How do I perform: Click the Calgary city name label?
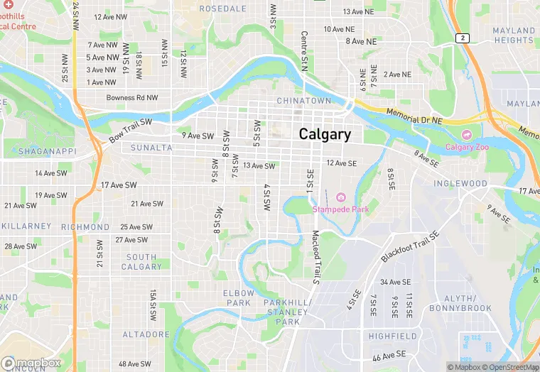pos(325,134)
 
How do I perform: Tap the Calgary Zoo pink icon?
pos(466,134)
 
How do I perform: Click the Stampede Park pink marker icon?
pos(340,196)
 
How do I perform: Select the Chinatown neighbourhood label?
pos(303,101)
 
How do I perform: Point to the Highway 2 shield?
pos(463,38)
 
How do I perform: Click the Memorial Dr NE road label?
pos(414,117)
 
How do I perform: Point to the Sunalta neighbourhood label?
pos(151,148)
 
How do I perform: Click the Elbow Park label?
pos(238,297)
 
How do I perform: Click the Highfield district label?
pos(392,335)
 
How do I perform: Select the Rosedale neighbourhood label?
pos(222,9)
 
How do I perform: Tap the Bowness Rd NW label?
pos(132,98)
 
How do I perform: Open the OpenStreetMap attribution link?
pos(506,367)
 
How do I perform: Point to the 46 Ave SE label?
pos(389,354)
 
